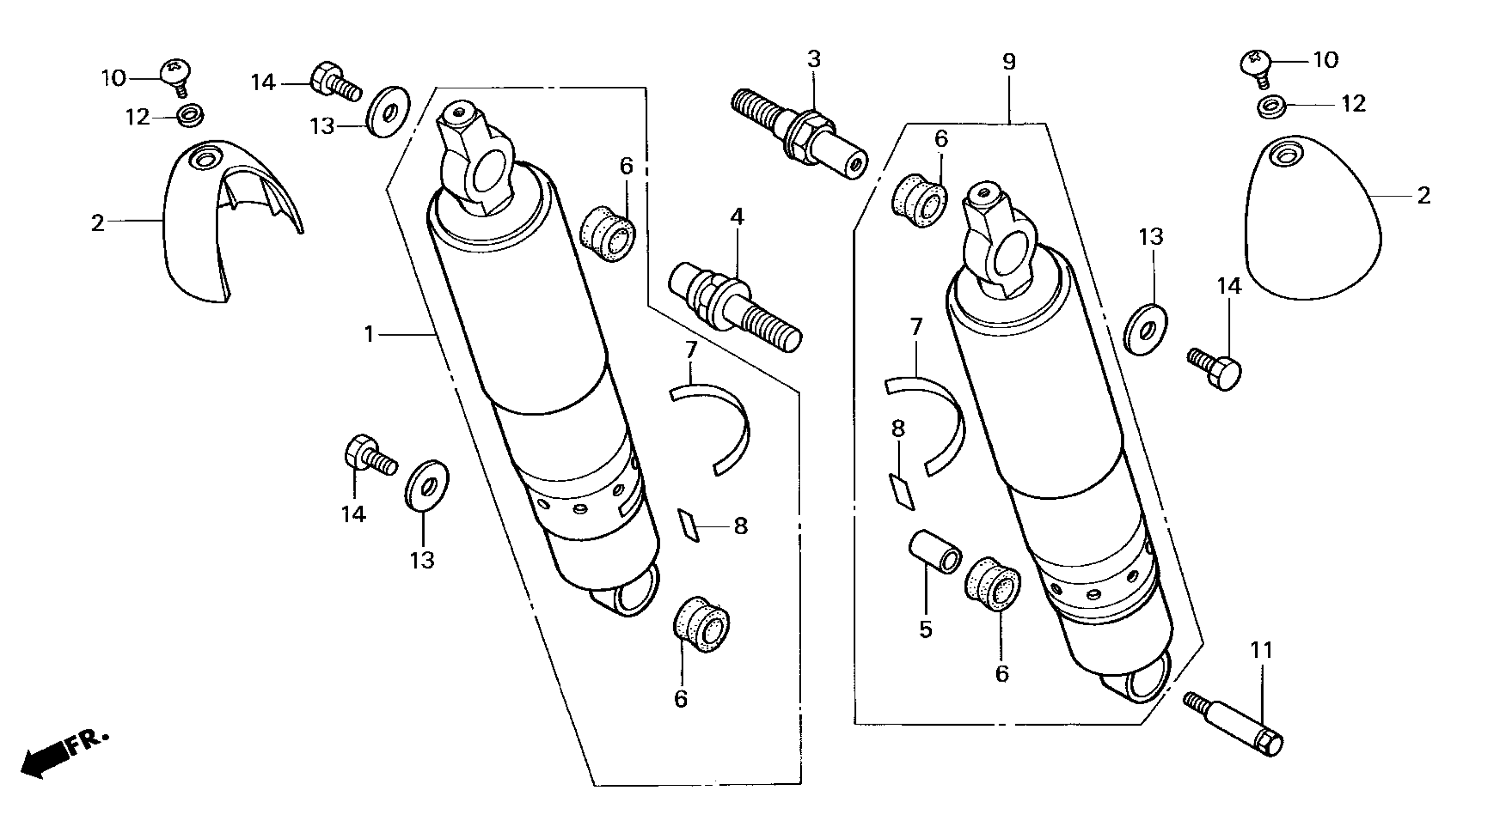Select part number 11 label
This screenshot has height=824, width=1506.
click(x=1261, y=650)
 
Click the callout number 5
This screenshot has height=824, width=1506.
click(x=925, y=630)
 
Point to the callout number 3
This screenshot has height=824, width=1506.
click(x=814, y=59)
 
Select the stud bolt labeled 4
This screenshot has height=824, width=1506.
click(x=734, y=304)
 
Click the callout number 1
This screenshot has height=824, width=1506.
click(x=369, y=334)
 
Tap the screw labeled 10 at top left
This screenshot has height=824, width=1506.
click(x=176, y=77)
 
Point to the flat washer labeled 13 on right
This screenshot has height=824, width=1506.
click(x=1145, y=330)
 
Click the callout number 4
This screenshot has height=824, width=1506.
click(x=737, y=217)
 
